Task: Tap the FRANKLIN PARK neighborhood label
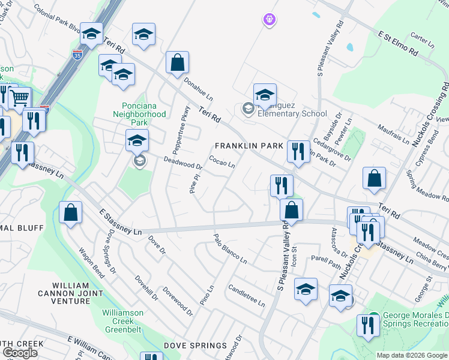tap(249, 146)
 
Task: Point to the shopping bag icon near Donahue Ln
tap(177, 62)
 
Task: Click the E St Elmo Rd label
tap(397, 44)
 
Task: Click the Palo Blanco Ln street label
tap(231, 249)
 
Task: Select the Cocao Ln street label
tap(221, 162)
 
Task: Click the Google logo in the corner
tap(20, 353)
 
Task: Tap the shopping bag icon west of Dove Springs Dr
tap(70, 213)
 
